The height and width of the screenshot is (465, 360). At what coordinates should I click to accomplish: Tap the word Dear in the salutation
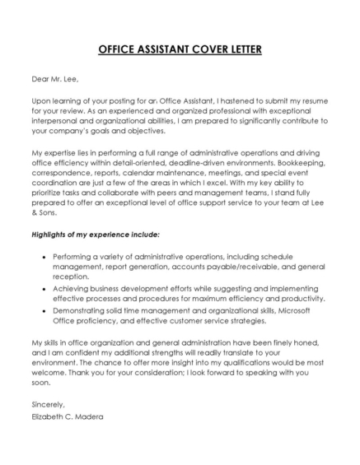point(41,79)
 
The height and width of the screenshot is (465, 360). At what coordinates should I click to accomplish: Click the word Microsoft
point(300,311)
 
